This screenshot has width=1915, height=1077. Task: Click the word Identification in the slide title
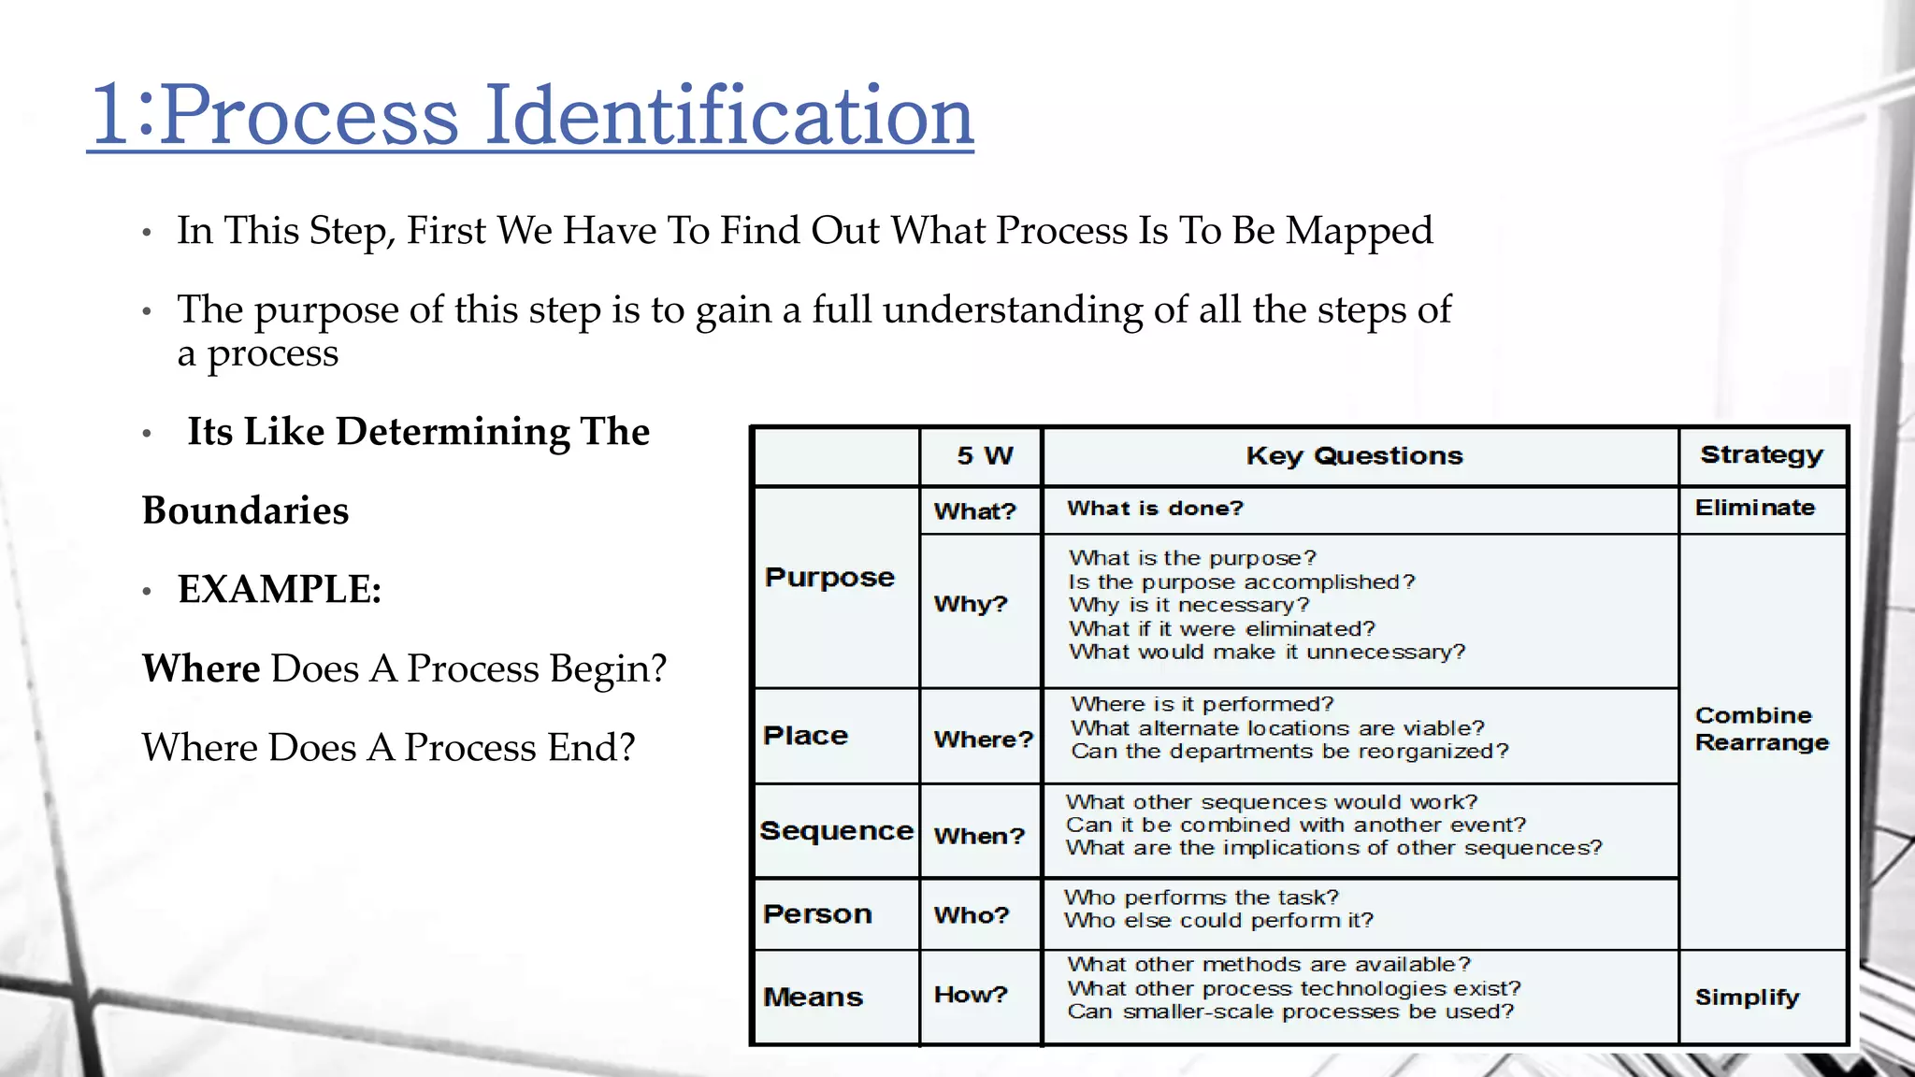pyautogui.click(x=729, y=115)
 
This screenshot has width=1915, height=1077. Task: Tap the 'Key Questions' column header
pyautogui.click(x=1354, y=456)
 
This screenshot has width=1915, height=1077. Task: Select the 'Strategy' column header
pyautogui.click(x=1762, y=455)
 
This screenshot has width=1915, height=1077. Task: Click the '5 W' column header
pyautogui.click(x=985, y=456)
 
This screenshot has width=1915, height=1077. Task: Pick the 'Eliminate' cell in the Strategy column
pyautogui.click(x=1755, y=508)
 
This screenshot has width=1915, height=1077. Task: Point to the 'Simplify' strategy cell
pyautogui.click(x=1747, y=998)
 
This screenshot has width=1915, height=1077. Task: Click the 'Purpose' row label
pyautogui.click(x=829, y=578)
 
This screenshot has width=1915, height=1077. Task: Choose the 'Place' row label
pyautogui.click(x=805, y=736)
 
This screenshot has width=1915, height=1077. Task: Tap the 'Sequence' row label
pyautogui.click(x=836, y=831)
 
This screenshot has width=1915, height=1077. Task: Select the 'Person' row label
pyautogui.click(x=817, y=914)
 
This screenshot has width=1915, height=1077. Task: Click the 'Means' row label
pyautogui.click(x=813, y=998)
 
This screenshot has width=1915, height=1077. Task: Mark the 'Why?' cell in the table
pyautogui.click(x=971, y=604)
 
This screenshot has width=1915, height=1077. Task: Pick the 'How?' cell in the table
pyautogui.click(x=971, y=995)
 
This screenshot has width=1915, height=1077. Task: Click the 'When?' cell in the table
pyautogui.click(x=979, y=836)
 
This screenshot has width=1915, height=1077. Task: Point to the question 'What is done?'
pyautogui.click(x=1155, y=509)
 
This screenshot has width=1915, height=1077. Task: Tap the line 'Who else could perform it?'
pyautogui.click(x=1218, y=921)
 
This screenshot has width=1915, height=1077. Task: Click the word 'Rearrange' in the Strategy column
pyautogui.click(x=1762, y=743)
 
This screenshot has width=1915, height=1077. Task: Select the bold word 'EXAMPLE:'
pyautogui.click(x=280, y=590)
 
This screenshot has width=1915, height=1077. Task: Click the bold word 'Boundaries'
pyautogui.click(x=245, y=511)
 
